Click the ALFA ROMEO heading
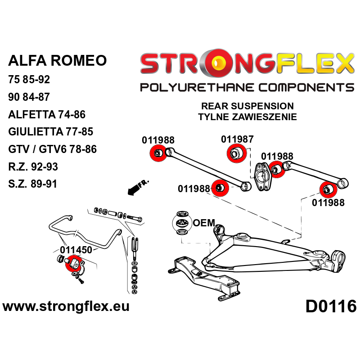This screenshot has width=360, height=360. [x=58, y=61]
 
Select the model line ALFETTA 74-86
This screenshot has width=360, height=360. [x=47, y=114]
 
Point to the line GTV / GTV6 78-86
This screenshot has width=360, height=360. [x=52, y=149]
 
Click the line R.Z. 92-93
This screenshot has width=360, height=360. [x=33, y=166]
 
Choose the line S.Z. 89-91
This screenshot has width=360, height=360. [x=32, y=184]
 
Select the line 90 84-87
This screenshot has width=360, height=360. [x=29, y=97]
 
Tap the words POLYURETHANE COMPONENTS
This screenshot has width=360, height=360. [x=247, y=87]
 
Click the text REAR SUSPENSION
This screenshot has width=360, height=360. [x=247, y=107]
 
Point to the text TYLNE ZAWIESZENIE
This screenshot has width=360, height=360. [x=247, y=117]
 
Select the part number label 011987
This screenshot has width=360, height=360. [x=237, y=139]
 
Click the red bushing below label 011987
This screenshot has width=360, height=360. [x=235, y=154]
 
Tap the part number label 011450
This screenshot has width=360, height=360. [x=76, y=250]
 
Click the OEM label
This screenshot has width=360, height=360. [x=203, y=224]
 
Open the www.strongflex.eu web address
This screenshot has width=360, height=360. [x=66, y=307]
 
